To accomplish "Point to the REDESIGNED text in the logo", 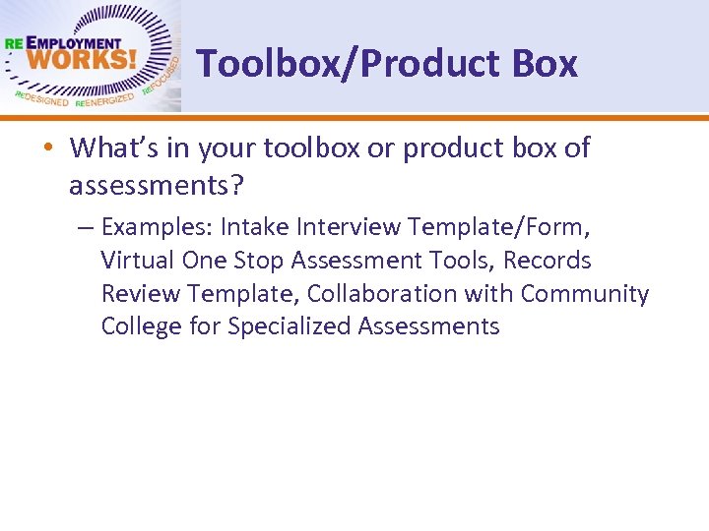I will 41,99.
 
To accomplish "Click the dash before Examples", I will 85,228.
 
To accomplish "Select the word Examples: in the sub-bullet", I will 157,228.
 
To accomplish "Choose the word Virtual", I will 138,261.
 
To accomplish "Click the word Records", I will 547,261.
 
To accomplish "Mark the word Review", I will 141,294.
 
